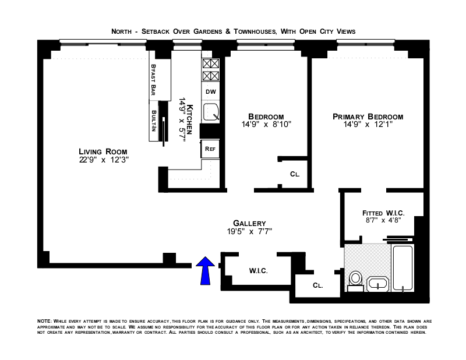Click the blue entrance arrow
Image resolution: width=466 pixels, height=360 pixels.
point(205,270)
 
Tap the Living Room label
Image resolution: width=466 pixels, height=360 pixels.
point(103,151)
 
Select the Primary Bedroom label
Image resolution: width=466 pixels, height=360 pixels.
point(368,117)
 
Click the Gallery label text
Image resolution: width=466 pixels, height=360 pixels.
point(249,223)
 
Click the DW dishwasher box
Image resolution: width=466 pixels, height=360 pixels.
point(211,91)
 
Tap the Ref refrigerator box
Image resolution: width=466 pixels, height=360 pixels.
point(210,149)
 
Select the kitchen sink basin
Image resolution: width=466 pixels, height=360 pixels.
point(211,112)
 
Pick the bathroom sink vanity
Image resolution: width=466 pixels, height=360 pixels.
point(377,284)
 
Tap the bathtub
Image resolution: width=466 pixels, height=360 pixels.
point(403,267)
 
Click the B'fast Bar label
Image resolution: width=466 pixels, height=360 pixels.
point(153,80)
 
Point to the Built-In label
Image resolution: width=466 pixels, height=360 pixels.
point(154,121)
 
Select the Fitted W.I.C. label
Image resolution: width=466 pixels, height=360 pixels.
point(383,213)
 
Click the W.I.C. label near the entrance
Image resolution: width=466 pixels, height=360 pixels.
point(258,271)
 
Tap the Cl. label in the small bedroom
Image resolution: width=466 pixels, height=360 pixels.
point(295,174)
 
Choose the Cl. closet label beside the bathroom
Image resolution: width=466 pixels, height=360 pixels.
point(317,285)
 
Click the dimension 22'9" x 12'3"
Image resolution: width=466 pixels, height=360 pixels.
point(104,160)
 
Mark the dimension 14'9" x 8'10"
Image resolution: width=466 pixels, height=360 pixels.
point(266,124)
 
